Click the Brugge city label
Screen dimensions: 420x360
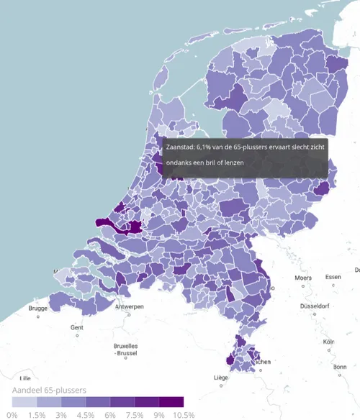coord(37,308)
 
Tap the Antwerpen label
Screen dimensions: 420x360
coord(130,307)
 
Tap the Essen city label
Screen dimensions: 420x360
coord(333,277)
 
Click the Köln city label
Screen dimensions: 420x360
coord(329,342)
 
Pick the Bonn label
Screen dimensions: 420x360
coord(340,367)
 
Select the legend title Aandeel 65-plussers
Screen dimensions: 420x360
coord(49,390)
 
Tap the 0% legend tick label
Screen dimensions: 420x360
coord(12,415)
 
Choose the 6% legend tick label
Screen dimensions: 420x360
coord(110,415)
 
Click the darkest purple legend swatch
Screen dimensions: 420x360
coord(171,402)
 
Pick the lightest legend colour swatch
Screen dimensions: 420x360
coord(24,402)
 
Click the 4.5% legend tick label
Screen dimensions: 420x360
coord(86,415)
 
